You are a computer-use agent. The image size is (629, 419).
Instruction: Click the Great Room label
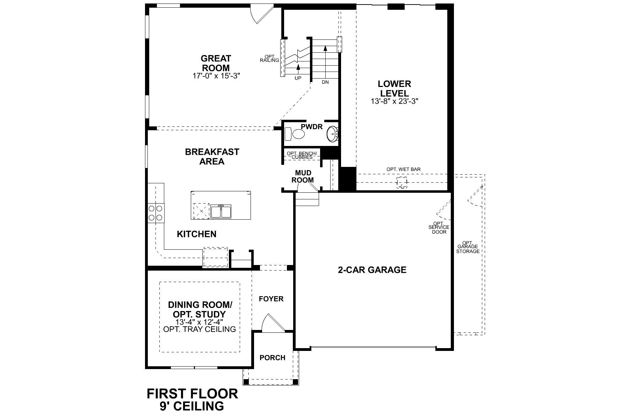point(216,63)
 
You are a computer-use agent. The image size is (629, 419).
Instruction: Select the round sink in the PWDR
point(332,134)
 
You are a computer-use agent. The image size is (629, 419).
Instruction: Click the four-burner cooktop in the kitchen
point(156,213)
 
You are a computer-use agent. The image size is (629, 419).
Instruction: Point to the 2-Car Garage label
point(372,270)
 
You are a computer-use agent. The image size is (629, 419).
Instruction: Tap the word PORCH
point(272,358)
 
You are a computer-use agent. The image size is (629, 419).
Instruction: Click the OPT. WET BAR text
point(403,169)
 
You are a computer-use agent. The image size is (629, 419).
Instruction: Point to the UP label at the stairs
point(298,78)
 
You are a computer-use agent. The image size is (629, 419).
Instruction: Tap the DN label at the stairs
point(325,82)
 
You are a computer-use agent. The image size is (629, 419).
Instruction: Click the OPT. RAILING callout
point(269,58)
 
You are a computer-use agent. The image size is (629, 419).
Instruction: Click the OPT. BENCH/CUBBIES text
point(302,155)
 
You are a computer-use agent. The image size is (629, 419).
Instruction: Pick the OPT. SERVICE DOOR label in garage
point(439,228)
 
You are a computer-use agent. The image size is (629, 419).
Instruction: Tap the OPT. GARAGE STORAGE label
point(468,247)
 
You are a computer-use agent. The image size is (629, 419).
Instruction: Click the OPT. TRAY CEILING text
point(200,329)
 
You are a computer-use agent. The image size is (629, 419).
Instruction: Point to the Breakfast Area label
point(212,156)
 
